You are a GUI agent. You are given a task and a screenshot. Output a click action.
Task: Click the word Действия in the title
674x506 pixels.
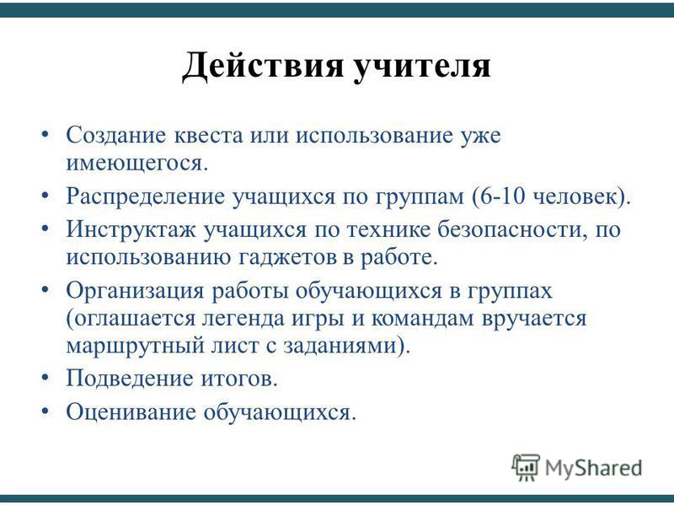point(263,67)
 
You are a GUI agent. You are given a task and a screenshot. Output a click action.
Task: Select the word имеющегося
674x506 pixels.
point(136,164)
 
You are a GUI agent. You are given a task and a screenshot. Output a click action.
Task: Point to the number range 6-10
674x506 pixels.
point(503,196)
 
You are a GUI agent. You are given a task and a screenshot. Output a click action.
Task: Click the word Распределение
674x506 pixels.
point(145,197)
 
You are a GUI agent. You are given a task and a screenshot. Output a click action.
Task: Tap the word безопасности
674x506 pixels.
point(512,229)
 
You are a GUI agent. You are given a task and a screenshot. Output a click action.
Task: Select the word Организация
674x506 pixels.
point(135,291)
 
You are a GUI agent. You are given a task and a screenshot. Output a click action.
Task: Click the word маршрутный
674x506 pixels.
point(135,347)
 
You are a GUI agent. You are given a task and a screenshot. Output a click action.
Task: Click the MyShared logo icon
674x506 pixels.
point(525,467)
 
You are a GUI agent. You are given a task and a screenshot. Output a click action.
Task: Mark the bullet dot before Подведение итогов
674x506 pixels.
point(45,378)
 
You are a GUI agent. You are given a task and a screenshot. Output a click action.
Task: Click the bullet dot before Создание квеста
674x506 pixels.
point(45,135)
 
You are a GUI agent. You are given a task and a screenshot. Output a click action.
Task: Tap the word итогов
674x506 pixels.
point(239,379)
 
